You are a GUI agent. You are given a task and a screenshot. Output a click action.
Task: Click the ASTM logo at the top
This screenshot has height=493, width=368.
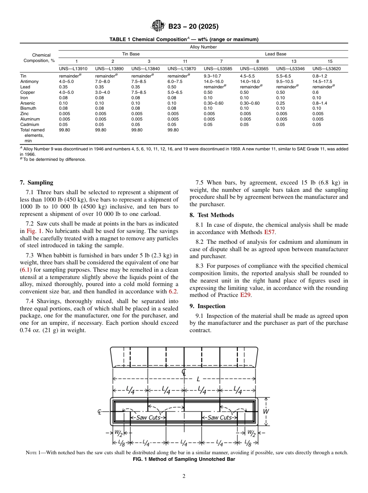(158, 26)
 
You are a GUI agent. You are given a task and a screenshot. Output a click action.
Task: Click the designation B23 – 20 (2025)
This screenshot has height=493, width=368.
(193, 27)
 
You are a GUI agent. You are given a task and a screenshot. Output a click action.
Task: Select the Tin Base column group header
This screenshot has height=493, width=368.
(131, 54)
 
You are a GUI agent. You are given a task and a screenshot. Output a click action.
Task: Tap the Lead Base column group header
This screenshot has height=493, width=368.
(275, 54)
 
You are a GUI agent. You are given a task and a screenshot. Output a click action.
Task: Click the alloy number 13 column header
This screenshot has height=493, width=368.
(294, 61)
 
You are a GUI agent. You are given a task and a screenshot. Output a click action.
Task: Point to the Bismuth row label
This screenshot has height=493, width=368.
(28, 109)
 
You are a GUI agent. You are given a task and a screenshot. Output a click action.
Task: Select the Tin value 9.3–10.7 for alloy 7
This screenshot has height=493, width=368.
(212, 76)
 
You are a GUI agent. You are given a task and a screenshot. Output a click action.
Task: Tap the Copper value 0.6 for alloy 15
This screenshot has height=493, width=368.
(315, 92)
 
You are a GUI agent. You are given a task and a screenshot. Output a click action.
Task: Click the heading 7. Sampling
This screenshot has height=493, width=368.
(36, 183)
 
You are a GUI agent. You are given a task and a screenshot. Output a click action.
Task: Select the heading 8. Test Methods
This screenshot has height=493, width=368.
(212, 215)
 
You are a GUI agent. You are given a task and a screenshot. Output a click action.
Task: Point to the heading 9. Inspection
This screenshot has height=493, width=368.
(207, 306)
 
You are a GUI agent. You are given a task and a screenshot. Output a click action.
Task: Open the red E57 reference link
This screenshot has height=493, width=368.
(269, 233)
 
